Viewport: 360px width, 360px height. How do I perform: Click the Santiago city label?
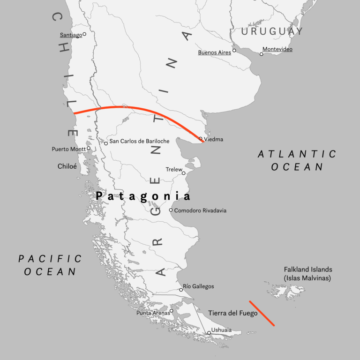tap(70, 35)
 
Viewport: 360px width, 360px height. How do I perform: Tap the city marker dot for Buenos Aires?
tap(234, 51)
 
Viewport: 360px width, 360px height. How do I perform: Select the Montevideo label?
tap(277, 49)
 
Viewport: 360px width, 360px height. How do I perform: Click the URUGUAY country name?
tap(272, 31)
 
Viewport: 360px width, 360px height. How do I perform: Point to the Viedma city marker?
tap(201, 139)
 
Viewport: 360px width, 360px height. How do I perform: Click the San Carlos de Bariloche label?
tap(139, 141)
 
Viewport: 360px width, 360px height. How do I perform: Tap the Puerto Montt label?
tap(68, 149)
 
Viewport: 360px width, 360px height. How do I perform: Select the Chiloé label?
tap(67, 166)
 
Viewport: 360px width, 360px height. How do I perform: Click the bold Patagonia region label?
tap(143, 196)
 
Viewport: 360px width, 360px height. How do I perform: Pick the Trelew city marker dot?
tap(184, 173)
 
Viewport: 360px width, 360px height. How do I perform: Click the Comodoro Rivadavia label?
tap(200, 210)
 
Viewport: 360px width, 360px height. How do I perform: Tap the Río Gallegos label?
tap(199, 286)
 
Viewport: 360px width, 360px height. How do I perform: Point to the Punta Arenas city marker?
tap(172, 310)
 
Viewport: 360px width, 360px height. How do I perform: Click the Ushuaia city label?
tap(221, 330)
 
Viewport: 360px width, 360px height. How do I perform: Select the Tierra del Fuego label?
tap(232, 313)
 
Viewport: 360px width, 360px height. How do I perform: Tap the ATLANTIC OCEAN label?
tap(297, 160)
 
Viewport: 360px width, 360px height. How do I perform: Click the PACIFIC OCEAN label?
tap(50, 265)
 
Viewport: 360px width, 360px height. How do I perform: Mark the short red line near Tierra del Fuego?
tap(262, 313)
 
